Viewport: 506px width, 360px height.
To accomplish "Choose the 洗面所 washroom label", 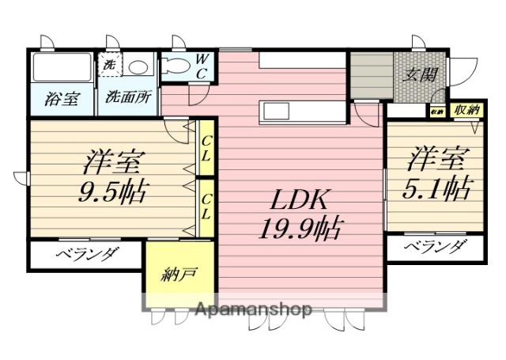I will click(126, 100).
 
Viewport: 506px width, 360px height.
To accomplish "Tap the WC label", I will click(202, 66).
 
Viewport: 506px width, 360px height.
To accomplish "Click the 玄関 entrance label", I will click(421, 78).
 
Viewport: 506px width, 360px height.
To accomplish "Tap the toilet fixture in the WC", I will click(176, 67).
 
